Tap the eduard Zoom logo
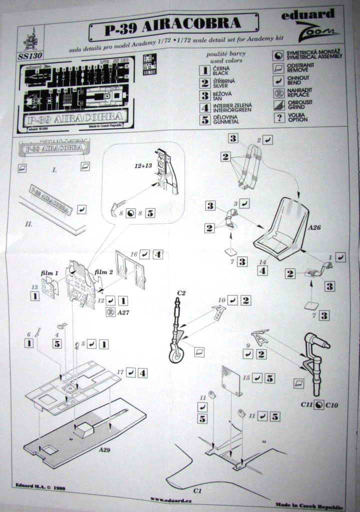pyautogui.click(x=310, y=25)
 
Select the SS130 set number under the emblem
pyautogui.click(x=30, y=55)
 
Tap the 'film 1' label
pyautogui.click(x=49, y=273)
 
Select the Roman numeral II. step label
pyautogui.click(x=29, y=224)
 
